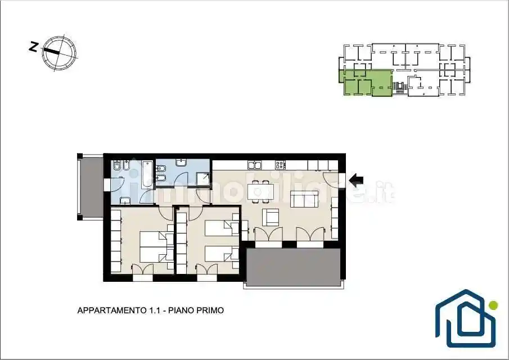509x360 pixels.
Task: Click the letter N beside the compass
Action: click(x=33, y=47)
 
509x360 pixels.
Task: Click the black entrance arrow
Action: click(x=356, y=179)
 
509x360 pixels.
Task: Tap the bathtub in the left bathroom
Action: click(x=148, y=174)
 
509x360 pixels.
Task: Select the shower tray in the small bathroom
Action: click(x=204, y=179)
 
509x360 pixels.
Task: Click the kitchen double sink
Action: click(x=255, y=165)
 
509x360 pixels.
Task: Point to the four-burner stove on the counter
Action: click(x=281, y=165)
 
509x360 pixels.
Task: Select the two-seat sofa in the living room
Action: click(x=304, y=199)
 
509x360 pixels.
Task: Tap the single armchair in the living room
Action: click(x=271, y=218)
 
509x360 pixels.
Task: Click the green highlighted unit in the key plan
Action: click(x=366, y=83)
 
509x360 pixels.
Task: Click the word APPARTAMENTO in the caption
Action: click(x=112, y=310)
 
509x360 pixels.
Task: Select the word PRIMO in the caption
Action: click(x=212, y=310)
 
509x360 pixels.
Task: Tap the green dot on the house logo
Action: click(x=493, y=305)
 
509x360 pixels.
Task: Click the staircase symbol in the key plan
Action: click(x=398, y=87)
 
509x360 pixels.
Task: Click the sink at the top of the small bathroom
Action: click(x=181, y=163)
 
